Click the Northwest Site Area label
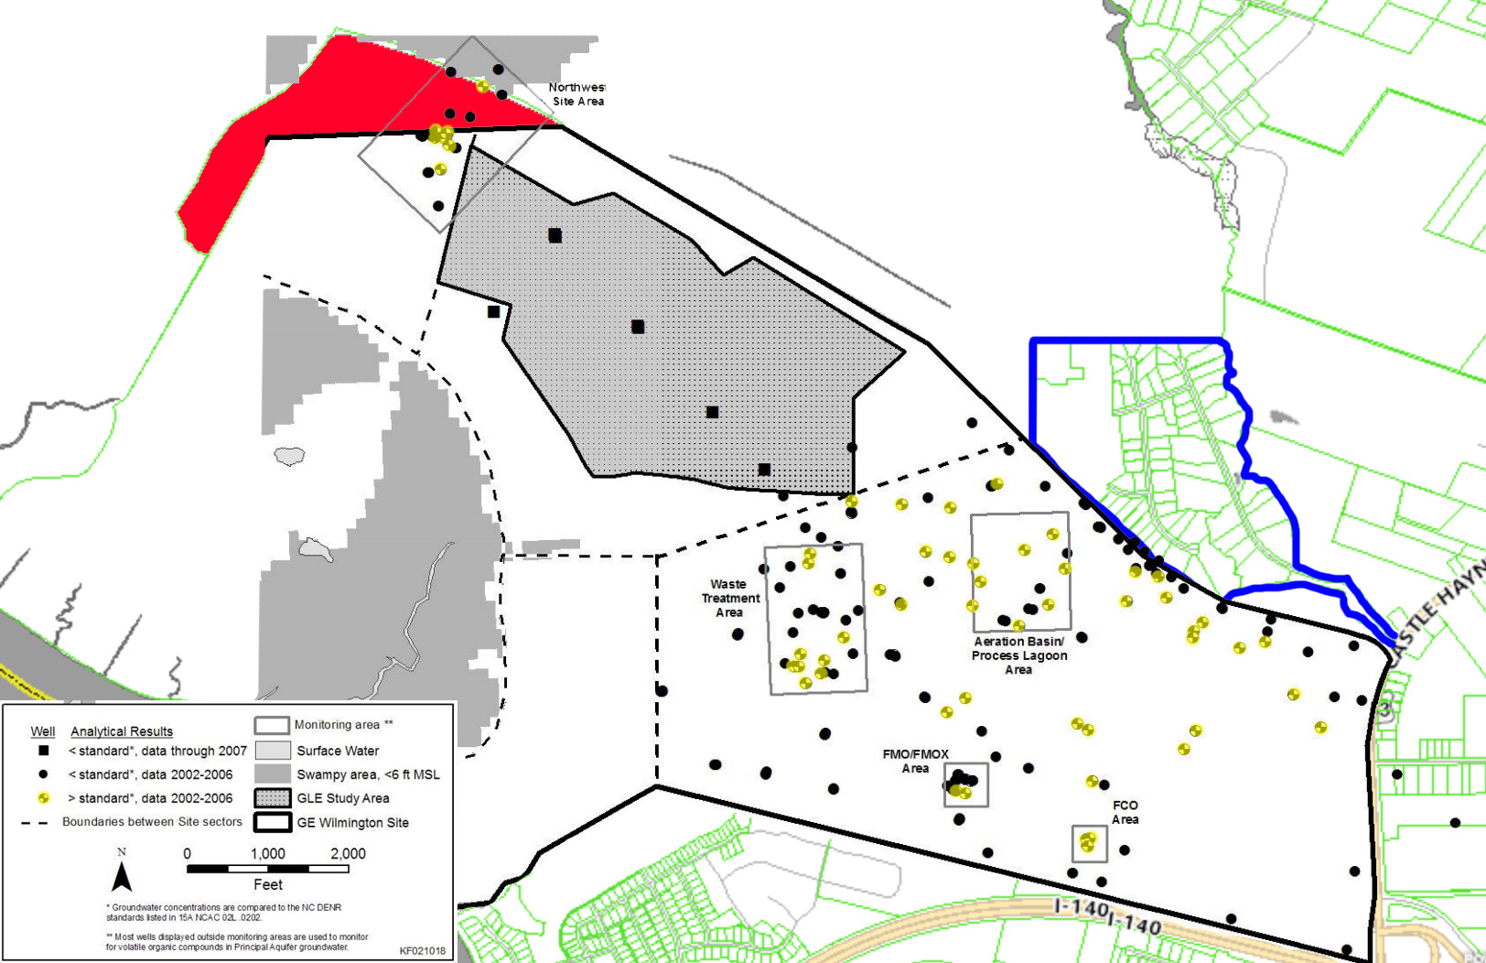pyautogui.click(x=577, y=94)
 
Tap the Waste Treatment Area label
pyautogui.click(x=730, y=598)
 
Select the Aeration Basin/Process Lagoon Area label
pyautogui.click(x=1019, y=655)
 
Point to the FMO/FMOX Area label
pyautogui.click(x=915, y=761)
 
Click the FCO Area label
pyautogui.click(x=1125, y=812)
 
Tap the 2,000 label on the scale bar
pyautogui.click(x=348, y=853)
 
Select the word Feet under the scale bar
pyautogui.click(x=267, y=884)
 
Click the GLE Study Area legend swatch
pyautogui.click(x=272, y=798)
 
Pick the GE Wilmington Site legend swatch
pyautogui.click(x=272, y=822)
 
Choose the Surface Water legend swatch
pyautogui.click(x=272, y=751)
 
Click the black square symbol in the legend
pyautogui.click(x=43, y=751)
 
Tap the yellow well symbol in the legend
pyautogui.click(x=43, y=798)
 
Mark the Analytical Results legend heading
pyautogui.click(x=122, y=731)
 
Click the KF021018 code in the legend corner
pyautogui.click(x=423, y=950)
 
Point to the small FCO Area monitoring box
pyautogui.click(x=1089, y=843)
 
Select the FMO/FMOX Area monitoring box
pyautogui.click(x=965, y=784)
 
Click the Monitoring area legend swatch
pyautogui.click(x=272, y=725)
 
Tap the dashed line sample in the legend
pyautogui.click(x=35, y=822)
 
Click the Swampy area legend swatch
pyautogui.click(x=272, y=774)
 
